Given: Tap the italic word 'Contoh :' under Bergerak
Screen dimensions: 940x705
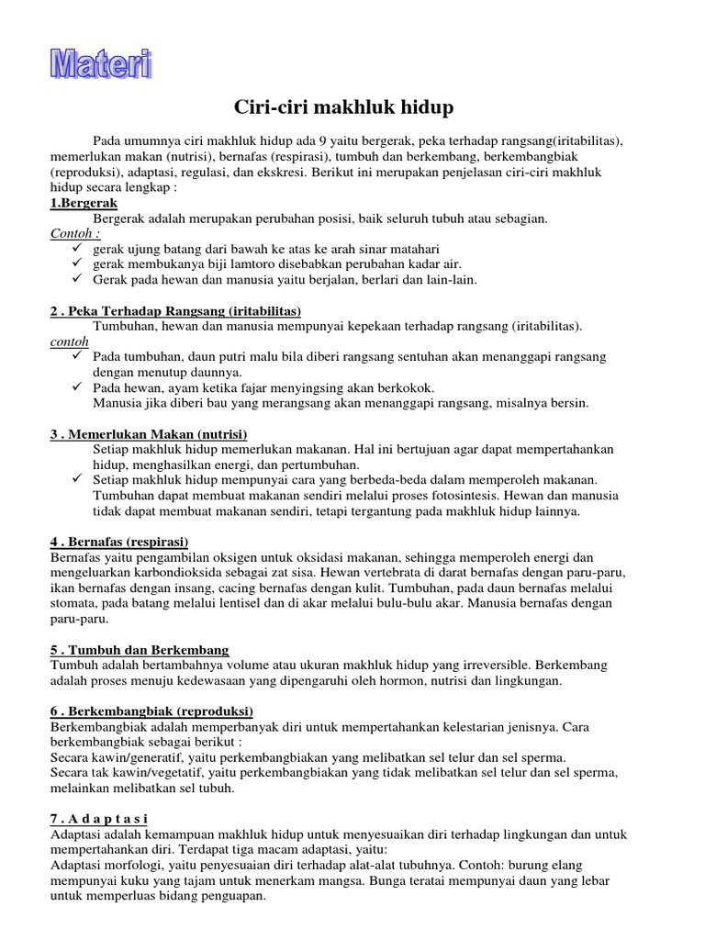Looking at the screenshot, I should coord(75,233).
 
